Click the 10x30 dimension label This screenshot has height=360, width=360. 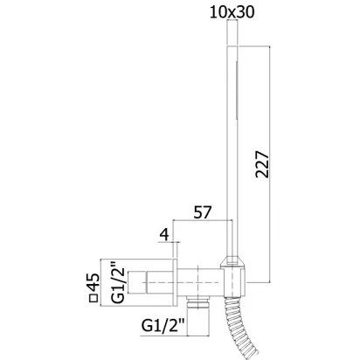[x=232, y=12]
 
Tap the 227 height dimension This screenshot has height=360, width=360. [x=262, y=164]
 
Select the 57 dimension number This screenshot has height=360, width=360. [x=202, y=212]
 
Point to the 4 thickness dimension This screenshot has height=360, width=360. [x=164, y=235]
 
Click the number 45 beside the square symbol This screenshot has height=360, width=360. [x=93, y=282]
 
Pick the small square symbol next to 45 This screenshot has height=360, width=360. [x=93, y=298]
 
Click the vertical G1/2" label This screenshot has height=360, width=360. [x=118, y=282]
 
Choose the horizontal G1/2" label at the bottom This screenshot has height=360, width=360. [x=163, y=326]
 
